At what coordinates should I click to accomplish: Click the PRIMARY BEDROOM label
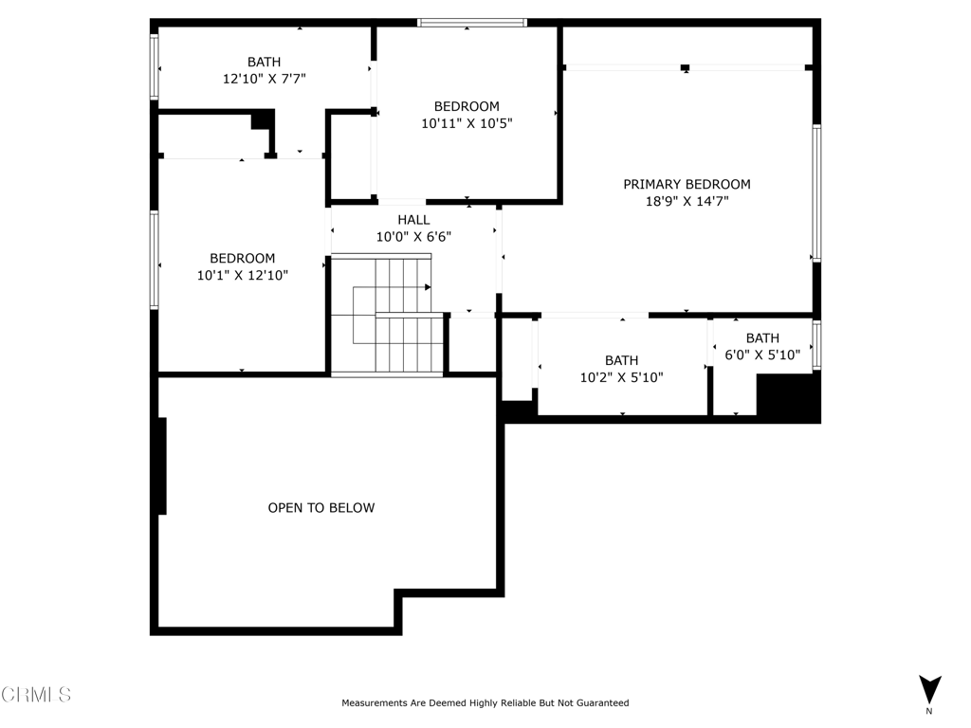pos(687,184)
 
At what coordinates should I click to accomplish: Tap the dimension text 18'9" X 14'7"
pos(687,201)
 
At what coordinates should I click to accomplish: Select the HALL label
pos(413,220)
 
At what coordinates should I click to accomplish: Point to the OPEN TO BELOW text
pos(321,508)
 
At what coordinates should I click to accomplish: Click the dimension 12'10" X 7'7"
pos(264,80)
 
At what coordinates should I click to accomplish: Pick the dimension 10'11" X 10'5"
pos(467,123)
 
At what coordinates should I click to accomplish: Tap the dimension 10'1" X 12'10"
pos(242,275)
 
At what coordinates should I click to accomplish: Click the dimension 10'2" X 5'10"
pos(621,377)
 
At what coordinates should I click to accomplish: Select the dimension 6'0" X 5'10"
pos(762,355)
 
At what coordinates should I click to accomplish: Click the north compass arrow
pos(929,689)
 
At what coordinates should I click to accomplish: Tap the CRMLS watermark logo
pos(36,695)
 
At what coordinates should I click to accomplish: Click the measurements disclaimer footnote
pos(485,703)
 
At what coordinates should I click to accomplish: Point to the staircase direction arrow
pos(428,287)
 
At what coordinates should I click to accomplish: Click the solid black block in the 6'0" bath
pos(787,397)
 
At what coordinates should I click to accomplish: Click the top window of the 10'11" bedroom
pos(472,23)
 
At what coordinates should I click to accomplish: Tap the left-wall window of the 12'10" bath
pos(154,66)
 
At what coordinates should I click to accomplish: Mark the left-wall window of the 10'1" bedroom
pos(154,260)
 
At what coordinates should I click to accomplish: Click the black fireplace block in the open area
pos(162,466)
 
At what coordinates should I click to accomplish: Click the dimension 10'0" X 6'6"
pos(413,237)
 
